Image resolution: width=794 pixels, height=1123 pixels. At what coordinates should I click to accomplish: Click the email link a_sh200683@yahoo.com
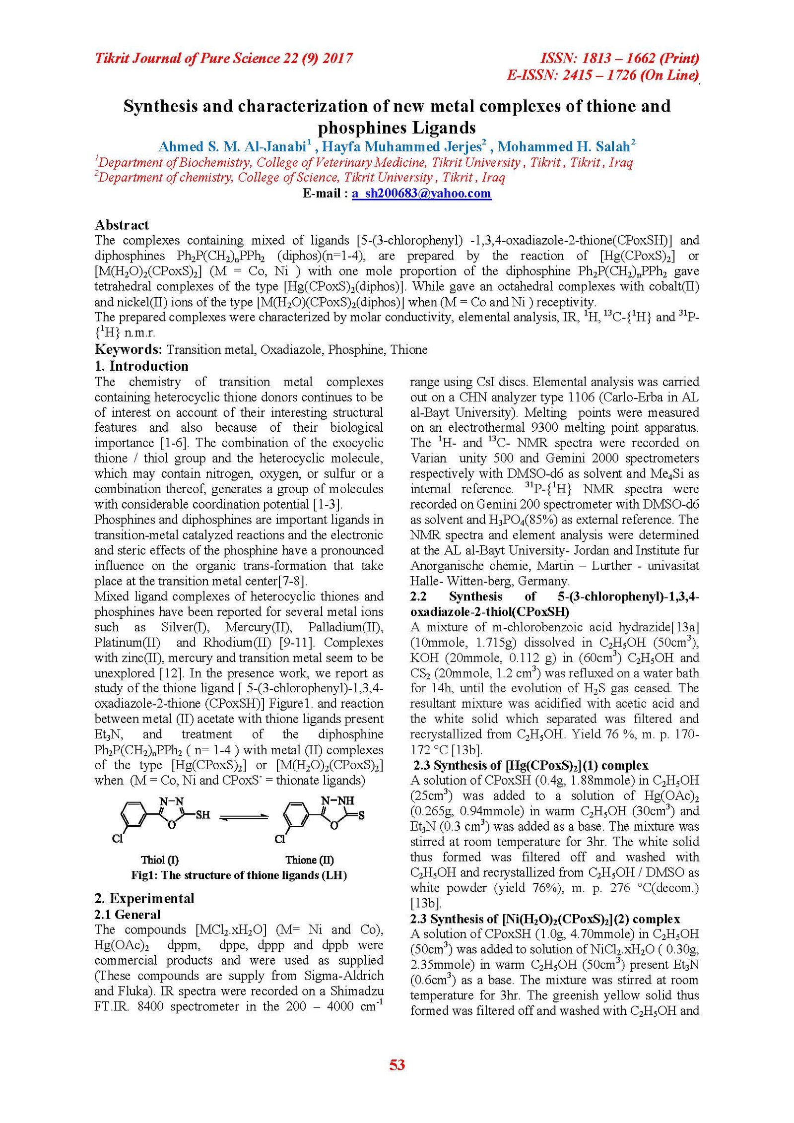(421, 194)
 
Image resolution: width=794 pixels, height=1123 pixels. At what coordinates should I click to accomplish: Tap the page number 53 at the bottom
(397, 1064)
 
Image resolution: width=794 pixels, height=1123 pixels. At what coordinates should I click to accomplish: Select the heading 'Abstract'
(122, 225)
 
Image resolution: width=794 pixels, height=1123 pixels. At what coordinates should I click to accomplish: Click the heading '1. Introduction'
(141, 366)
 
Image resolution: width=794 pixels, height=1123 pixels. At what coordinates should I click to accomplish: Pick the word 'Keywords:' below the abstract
(128, 350)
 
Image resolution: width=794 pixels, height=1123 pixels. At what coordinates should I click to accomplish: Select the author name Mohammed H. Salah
(564, 147)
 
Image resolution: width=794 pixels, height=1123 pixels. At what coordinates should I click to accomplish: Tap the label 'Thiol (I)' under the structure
(160, 860)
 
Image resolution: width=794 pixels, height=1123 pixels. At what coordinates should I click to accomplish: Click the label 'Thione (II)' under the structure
(310, 860)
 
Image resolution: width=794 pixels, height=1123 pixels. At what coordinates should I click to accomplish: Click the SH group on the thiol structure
(202, 815)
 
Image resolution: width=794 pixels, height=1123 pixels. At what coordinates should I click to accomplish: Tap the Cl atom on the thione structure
(280, 839)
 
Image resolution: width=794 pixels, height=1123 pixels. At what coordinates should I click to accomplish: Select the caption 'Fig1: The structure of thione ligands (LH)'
(239, 875)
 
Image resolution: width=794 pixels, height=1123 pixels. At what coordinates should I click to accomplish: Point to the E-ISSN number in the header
(603, 75)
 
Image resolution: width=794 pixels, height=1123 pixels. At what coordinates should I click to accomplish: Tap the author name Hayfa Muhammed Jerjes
(401, 147)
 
